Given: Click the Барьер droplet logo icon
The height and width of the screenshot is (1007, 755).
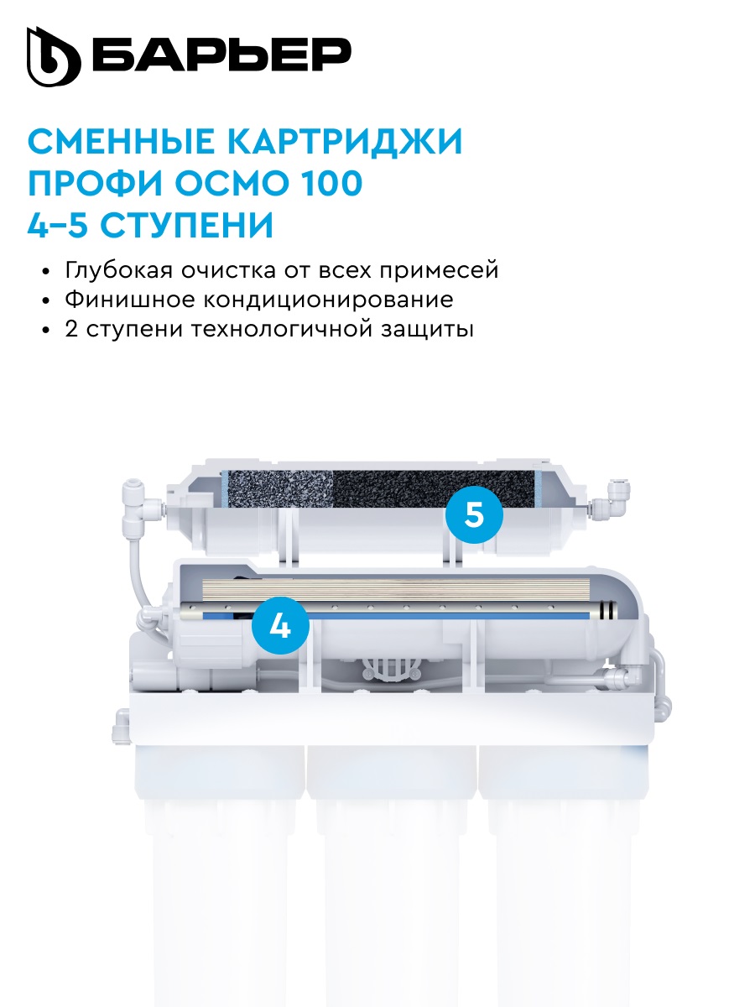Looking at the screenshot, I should (x=54, y=56).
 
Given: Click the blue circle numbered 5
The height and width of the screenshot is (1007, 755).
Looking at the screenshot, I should (x=474, y=514).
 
